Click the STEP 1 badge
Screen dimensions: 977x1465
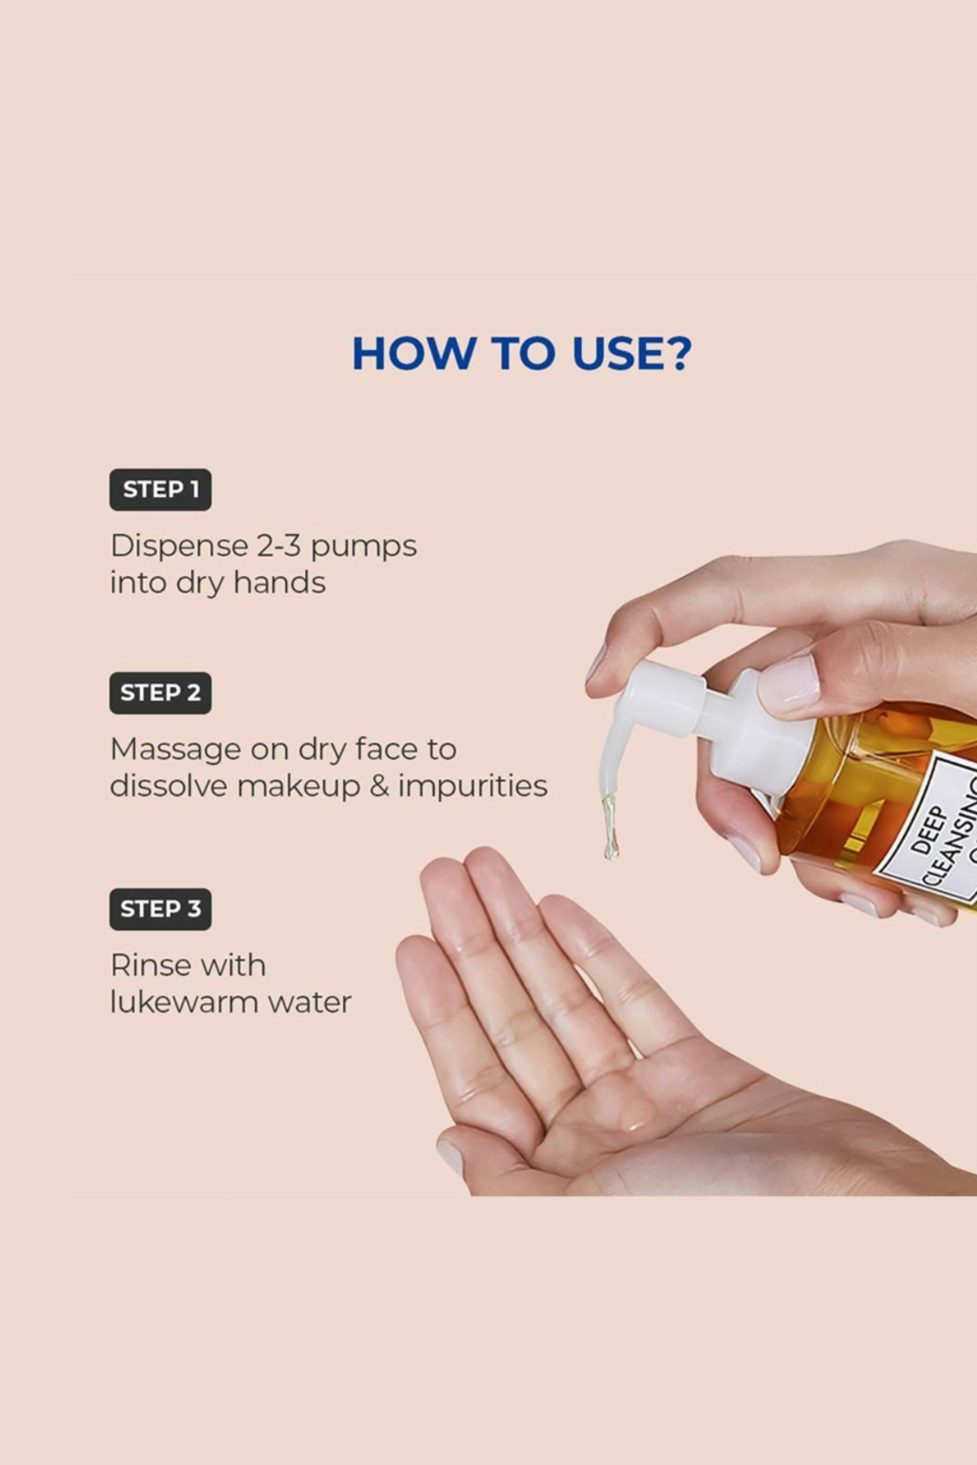(x=160, y=490)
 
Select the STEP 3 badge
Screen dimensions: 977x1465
(x=160, y=909)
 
